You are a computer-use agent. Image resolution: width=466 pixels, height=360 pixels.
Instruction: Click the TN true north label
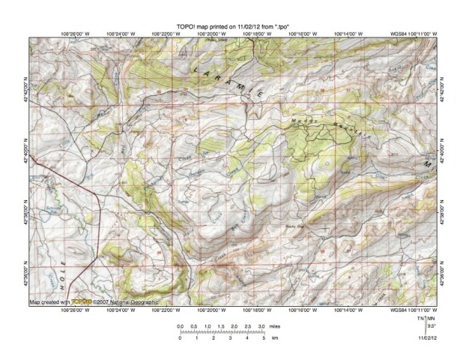pyautogui.click(x=422, y=319)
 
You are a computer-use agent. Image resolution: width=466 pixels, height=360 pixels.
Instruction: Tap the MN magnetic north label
pyautogui.click(x=431, y=319)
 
